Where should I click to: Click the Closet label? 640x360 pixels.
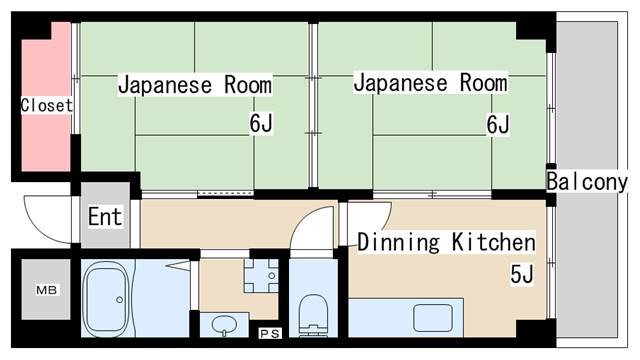point(47,105)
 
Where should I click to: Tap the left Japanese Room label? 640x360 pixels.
point(194,85)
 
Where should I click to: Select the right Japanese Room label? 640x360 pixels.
point(430,83)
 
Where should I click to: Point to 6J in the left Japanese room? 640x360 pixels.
point(263,125)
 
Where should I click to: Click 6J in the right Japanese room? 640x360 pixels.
point(498,125)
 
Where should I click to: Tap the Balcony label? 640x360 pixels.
point(587,182)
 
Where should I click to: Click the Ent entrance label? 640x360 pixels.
point(105,216)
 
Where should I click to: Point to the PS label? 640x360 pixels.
point(269,333)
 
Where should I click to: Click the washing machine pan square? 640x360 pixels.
point(260,274)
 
